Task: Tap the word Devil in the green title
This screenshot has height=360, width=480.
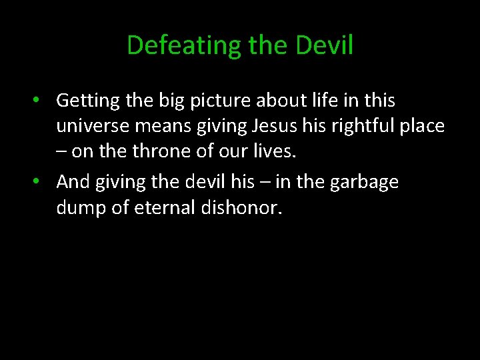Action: click(324, 45)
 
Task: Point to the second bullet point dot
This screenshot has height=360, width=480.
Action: click(40, 182)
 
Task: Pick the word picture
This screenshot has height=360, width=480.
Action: click(200, 101)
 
